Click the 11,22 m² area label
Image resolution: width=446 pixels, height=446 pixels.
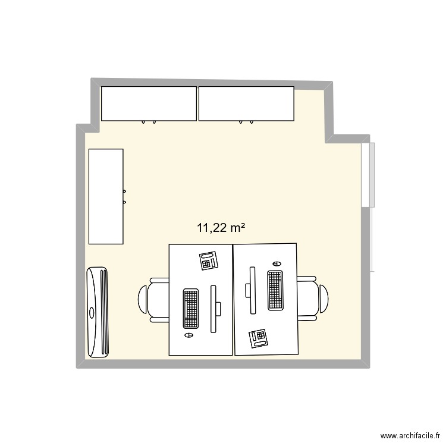(x=221, y=227)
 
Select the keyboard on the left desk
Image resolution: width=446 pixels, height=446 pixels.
(x=190, y=309)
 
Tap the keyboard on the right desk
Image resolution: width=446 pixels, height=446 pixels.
(x=275, y=290)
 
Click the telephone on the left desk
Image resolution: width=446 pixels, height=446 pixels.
(x=208, y=260)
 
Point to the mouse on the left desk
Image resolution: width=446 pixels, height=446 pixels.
(x=190, y=335)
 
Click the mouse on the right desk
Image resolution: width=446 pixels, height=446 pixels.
(x=275, y=263)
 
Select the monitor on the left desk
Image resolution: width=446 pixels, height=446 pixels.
(x=215, y=308)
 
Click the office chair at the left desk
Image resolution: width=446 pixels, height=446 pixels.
(x=153, y=299)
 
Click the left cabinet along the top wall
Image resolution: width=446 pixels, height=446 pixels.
(x=149, y=103)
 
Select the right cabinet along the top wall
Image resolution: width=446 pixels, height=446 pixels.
(x=246, y=103)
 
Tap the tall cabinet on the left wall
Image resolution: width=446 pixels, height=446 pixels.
(x=106, y=196)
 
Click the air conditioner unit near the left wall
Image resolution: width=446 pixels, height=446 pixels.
(x=98, y=312)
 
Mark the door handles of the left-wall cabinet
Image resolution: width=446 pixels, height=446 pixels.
(x=124, y=196)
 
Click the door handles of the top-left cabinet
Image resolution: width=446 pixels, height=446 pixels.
(x=149, y=123)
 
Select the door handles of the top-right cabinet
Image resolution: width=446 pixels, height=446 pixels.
(x=246, y=123)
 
